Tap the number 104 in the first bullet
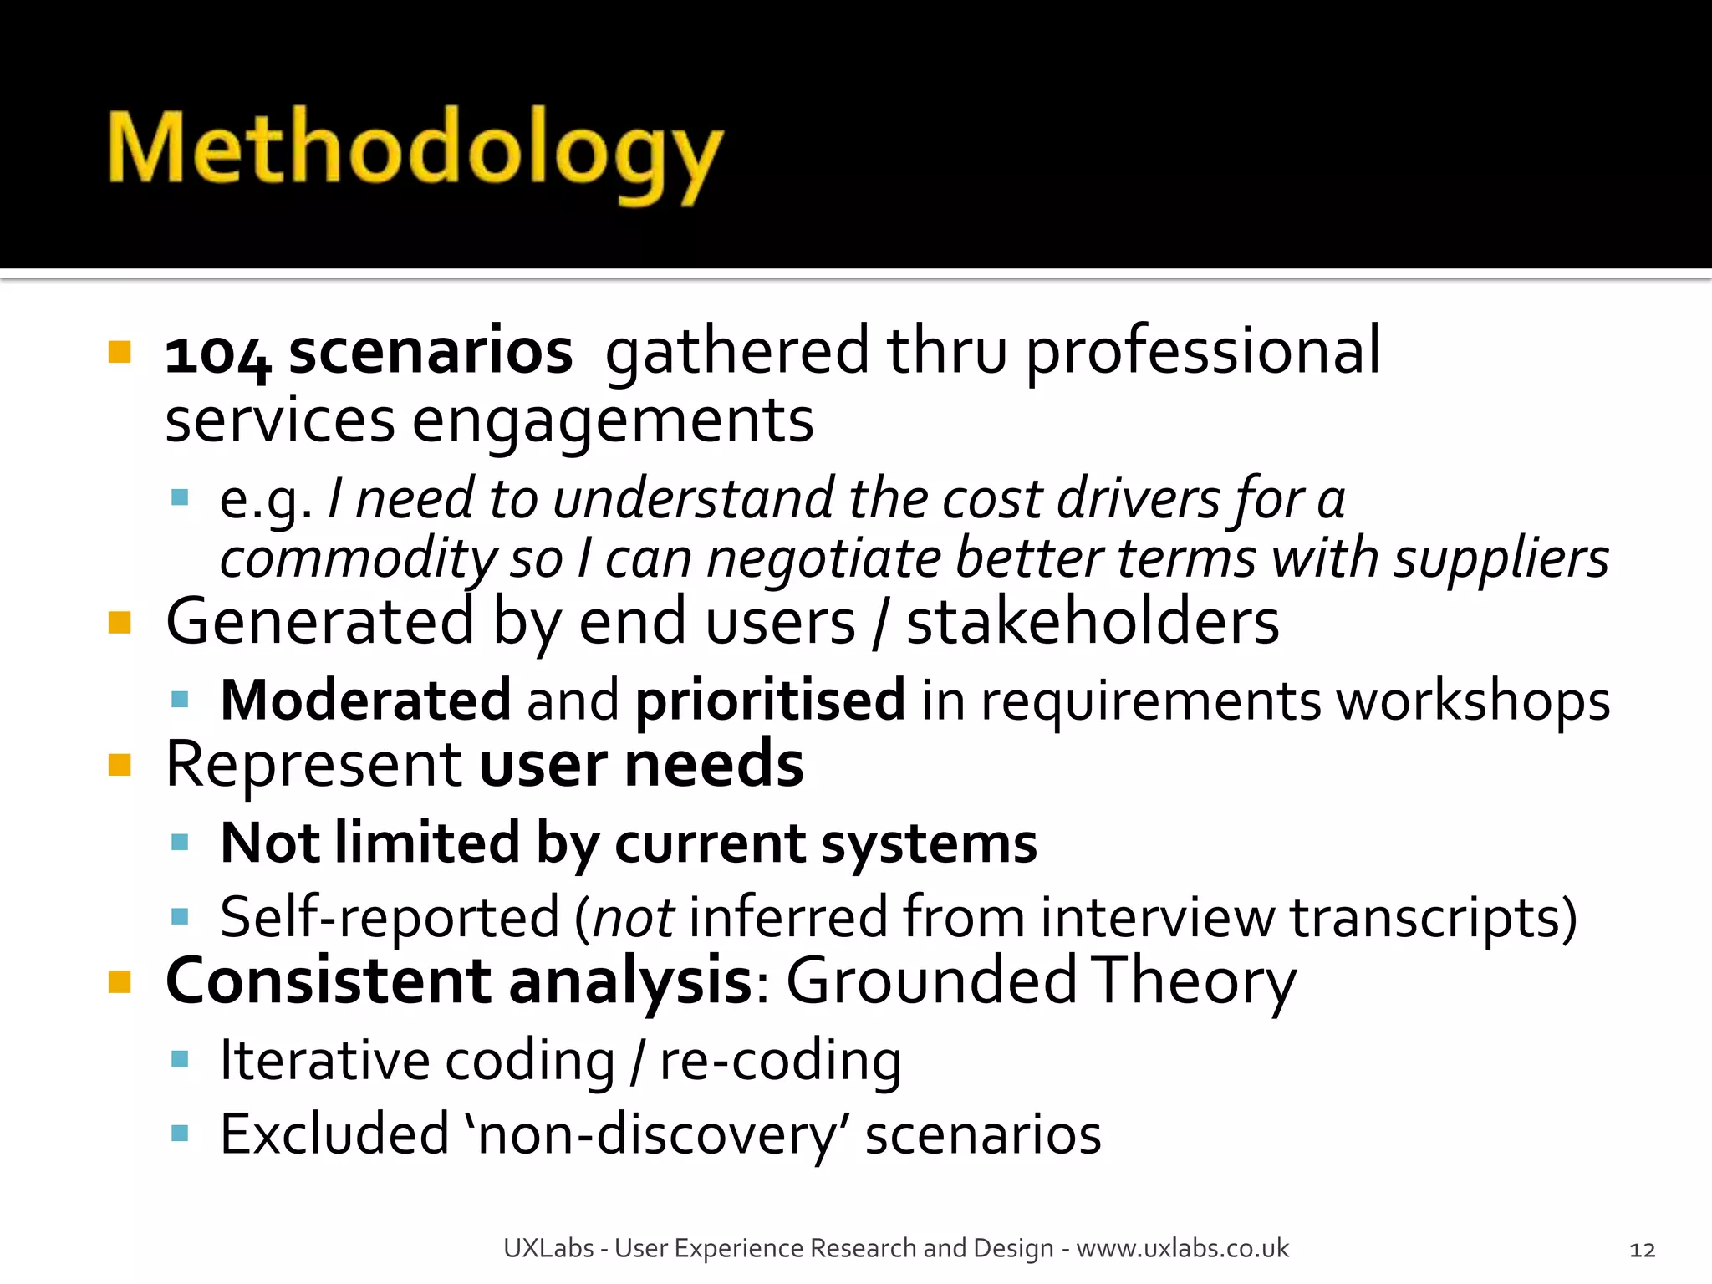[217, 354]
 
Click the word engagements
[613, 421]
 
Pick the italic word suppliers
[1501, 558]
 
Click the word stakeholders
[1093, 622]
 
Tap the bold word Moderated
[365, 700]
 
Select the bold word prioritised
[770, 701]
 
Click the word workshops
[1473, 701]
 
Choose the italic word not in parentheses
[633, 918]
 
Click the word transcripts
[1433, 918]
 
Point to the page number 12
[1642, 1250]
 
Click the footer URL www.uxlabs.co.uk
[1182, 1248]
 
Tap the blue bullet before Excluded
[180, 1134]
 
